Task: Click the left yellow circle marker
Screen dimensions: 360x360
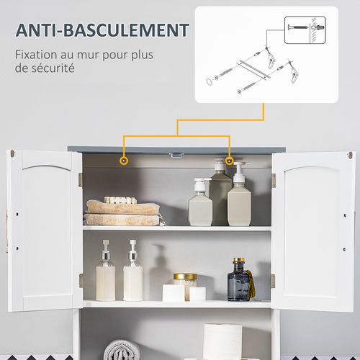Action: click(124, 160)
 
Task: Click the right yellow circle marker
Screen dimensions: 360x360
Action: click(230, 160)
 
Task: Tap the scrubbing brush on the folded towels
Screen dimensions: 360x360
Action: click(120, 199)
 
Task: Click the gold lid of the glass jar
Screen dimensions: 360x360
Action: click(185, 276)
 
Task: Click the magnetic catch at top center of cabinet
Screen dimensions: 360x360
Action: click(175, 154)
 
